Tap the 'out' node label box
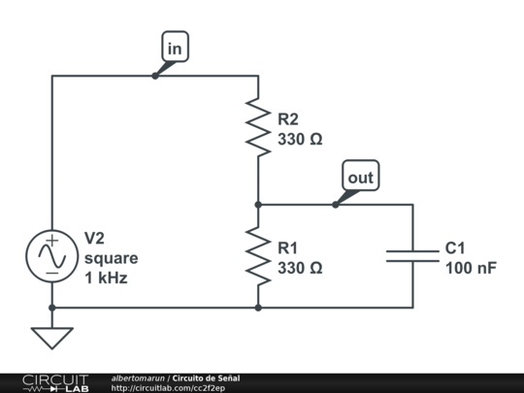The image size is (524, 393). point(360,178)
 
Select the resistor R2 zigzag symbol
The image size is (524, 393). point(258,127)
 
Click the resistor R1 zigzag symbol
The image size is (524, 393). point(258,255)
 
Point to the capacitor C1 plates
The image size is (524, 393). point(412,255)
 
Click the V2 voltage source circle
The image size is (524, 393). point(51,255)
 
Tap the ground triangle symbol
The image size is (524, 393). point(51,338)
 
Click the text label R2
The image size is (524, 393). point(288,119)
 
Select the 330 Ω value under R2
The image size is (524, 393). point(300,139)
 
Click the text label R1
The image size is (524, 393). point(288,247)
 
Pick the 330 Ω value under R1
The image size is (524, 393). point(300,267)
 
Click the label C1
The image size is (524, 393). point(456,247)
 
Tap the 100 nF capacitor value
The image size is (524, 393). point(471,267)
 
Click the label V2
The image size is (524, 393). point(95,239)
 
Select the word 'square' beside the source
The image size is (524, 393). point(111,258)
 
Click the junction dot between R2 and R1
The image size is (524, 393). point(258,205)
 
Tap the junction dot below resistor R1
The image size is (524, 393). point(258,307)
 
